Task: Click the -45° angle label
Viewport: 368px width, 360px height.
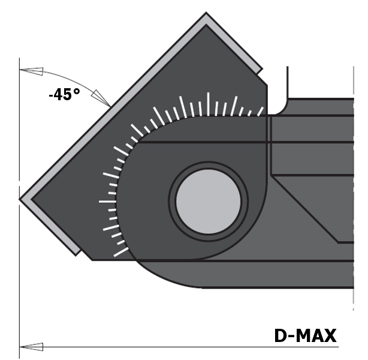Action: coord(64,94)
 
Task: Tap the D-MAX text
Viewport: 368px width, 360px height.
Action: coord(305,335)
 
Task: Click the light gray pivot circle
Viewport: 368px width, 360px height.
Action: coord(209,202)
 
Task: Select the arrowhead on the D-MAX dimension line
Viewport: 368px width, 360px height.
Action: coord(31,347)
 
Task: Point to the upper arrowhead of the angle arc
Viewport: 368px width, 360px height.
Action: coord(31,71)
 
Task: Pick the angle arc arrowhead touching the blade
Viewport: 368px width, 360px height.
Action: coord(101,98)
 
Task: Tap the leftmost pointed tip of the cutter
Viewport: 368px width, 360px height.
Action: coord(19,199)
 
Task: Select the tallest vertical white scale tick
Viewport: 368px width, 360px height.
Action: coord(208,104)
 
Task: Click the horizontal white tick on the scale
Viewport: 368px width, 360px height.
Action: coord(107,202)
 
